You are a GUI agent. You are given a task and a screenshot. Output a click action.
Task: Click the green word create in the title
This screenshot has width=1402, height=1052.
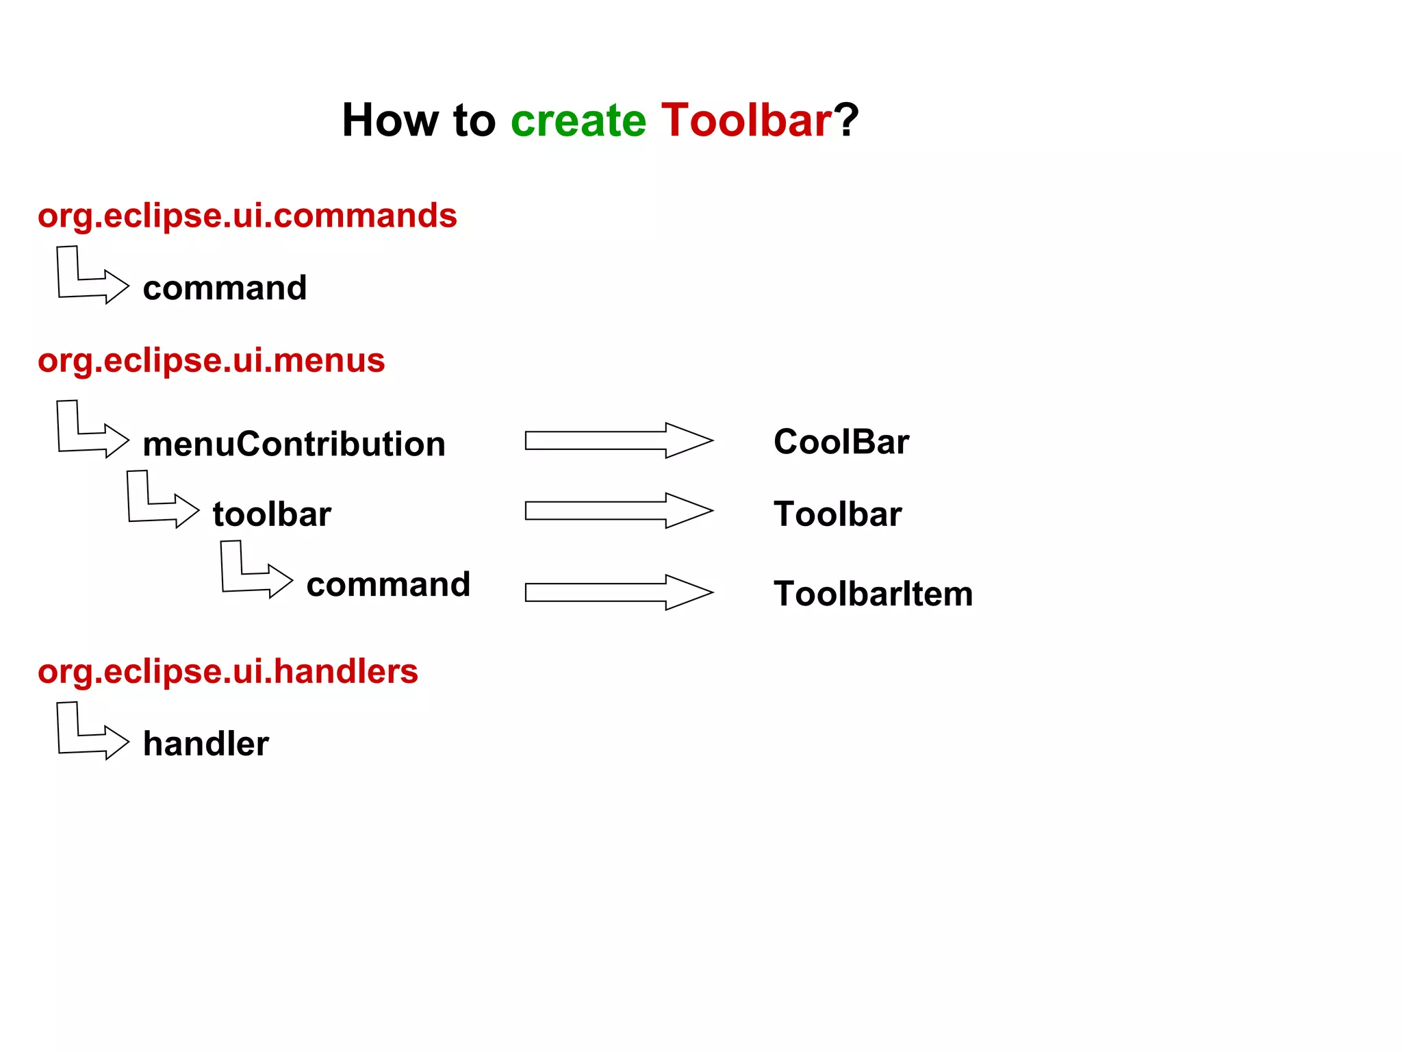click(x=578, y=121)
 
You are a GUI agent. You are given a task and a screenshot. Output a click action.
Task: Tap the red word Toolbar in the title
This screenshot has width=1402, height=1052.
click(x=746, y=121)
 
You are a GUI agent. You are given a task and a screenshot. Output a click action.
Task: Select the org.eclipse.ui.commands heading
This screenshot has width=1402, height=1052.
click(x=247, y=216)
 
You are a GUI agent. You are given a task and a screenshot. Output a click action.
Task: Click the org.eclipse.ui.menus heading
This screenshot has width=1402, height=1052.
click(x=211, y=360)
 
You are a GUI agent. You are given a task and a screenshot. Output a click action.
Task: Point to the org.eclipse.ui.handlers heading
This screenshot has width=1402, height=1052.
click(x=227, y=671)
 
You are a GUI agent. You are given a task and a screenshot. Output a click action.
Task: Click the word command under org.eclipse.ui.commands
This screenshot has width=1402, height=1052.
click(x=225, y=288)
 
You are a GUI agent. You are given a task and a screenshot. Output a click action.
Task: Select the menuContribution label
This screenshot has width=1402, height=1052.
click(x=294, y=444)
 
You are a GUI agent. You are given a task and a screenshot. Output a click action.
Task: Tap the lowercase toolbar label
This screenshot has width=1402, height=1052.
click(x=272, y=514)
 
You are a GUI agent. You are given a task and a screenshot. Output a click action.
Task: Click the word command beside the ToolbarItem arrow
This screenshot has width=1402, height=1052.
click(x=388, y=585)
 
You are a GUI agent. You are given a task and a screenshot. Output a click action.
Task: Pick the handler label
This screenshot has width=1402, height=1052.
click(x=205, y=744)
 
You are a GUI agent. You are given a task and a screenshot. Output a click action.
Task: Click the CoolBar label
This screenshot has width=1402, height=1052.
click(x=841, y=442)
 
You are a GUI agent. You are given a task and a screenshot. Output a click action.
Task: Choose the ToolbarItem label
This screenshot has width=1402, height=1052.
click(x=873, y=594)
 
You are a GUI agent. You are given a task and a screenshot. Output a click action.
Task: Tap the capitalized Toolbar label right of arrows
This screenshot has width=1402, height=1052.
click(x=837, y=514)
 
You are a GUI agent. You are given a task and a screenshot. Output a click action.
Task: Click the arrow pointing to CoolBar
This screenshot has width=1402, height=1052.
click(x=618, y=440)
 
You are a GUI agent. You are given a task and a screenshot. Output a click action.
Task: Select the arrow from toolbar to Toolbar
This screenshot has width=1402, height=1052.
click(x=618, y=510)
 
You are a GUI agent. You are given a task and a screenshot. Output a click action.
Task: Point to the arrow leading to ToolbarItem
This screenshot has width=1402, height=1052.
click(x=618, y=592)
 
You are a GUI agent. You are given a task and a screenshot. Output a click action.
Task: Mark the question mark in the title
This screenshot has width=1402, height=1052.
click(x=846, y=121)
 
